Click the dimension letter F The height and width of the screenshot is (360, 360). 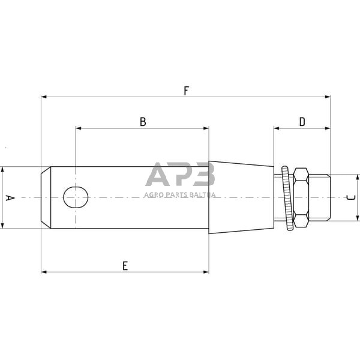click(187, 91)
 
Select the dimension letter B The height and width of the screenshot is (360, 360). click(143, 122)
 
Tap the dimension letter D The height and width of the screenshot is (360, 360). click(302, 122)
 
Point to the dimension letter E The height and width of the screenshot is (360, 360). click(125, 266)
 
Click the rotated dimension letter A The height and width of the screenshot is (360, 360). click(8, 197)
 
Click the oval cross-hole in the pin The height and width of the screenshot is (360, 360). click(76, 197)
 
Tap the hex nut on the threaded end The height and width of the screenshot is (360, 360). click(300, 197)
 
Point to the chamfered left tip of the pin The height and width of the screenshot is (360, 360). click(46, 197)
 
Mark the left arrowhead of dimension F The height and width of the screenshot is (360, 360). click(44, 97)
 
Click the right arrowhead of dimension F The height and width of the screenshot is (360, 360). click(328, 97)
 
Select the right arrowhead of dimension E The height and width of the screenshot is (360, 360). click(206, 272)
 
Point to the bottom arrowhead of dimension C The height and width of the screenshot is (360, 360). click(358, 218)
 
